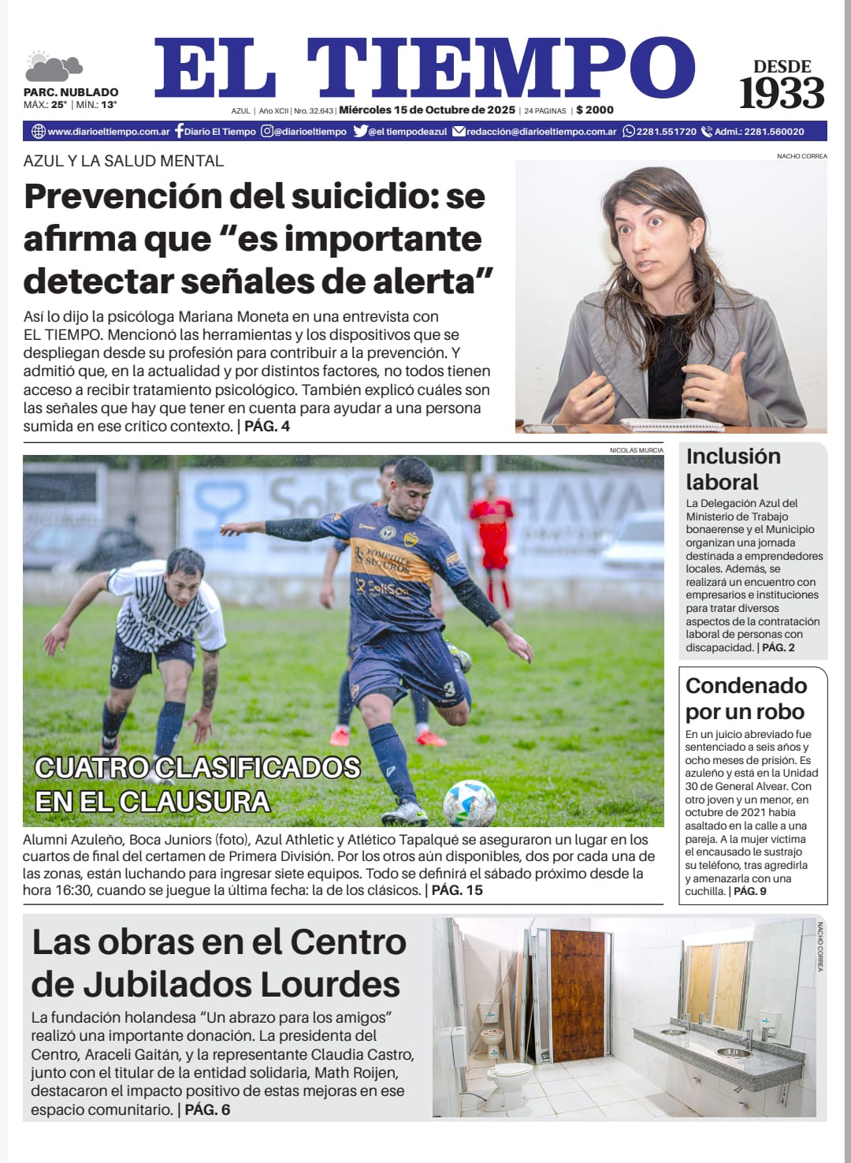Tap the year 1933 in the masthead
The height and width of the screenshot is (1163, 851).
click(781, 94)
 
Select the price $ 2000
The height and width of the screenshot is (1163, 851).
click(595, 110)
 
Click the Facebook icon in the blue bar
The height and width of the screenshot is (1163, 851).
click(179, 131)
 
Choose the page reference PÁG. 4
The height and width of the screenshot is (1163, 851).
click(267, 427)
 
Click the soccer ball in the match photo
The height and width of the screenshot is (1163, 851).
click(470, 802)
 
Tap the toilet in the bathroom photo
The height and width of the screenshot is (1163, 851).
click(510, 1077)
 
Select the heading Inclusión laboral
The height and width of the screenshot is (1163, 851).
click(733, 468)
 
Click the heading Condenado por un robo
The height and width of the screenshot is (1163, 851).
click(745, 698)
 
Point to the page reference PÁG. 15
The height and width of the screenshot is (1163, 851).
click(457, 890)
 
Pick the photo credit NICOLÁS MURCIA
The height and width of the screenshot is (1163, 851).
click(636, 450)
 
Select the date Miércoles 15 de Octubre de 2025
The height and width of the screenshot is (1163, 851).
click(427, 110)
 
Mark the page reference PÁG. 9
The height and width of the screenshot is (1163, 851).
click(750, 892)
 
